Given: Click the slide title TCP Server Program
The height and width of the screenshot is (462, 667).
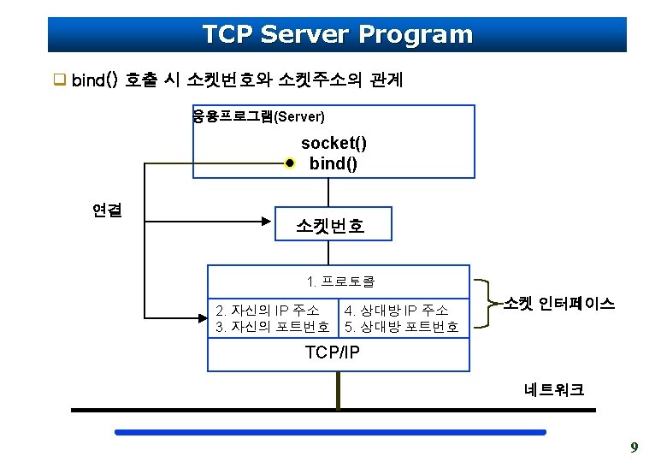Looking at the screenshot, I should [x=337, y=34].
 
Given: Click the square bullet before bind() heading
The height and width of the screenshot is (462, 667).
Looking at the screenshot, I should [x=60, y=81].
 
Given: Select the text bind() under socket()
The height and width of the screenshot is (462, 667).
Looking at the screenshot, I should [x=333, y=163].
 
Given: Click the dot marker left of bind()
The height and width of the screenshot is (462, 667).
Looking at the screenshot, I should [x=290, y=163].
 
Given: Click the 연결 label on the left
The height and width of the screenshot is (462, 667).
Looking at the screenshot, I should [x=107, y=210].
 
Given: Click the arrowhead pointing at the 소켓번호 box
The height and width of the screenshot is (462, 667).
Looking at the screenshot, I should [x=267, y=222].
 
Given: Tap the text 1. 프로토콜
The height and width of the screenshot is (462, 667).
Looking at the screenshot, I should [x=340, y=281].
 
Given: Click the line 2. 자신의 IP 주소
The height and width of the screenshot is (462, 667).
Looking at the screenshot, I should [x=268, y=310].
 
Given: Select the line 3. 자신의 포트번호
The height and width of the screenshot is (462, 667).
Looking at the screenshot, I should [x=272, y=327].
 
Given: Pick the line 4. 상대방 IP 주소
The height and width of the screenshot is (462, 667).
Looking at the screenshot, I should [x=396, y=310].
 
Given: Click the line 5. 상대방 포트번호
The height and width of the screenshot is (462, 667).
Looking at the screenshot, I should [x=401, y=327].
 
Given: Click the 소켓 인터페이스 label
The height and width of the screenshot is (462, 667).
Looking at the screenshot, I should [x=559, y=304].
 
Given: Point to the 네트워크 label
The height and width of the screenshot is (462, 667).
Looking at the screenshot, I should [x=555, y=390].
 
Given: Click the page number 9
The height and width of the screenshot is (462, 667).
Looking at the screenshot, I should [x=634, y=447].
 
